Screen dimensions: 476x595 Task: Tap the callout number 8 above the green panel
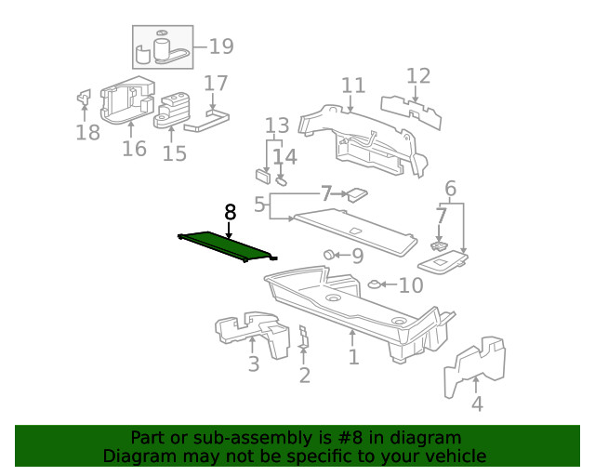click(230, 213)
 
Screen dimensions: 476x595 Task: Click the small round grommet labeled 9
click(329, 254)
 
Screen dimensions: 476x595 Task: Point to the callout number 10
click(411, 285)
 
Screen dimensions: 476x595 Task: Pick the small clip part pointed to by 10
click(374, 284)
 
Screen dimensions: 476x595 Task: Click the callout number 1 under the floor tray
click(353, 357)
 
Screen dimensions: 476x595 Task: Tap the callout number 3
click(254, 364)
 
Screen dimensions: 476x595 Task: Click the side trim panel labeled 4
click(474, 367)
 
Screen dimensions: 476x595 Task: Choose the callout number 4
click(477, 404)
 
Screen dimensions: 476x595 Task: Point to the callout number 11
click(352, 86)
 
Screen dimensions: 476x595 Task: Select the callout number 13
click(277, 126)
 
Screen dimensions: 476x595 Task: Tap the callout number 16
click(134, 149)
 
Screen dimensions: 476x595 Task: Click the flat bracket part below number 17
click(206, 121)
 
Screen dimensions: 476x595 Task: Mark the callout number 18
click(87, 133)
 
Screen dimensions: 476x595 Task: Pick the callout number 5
click(261, 204)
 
